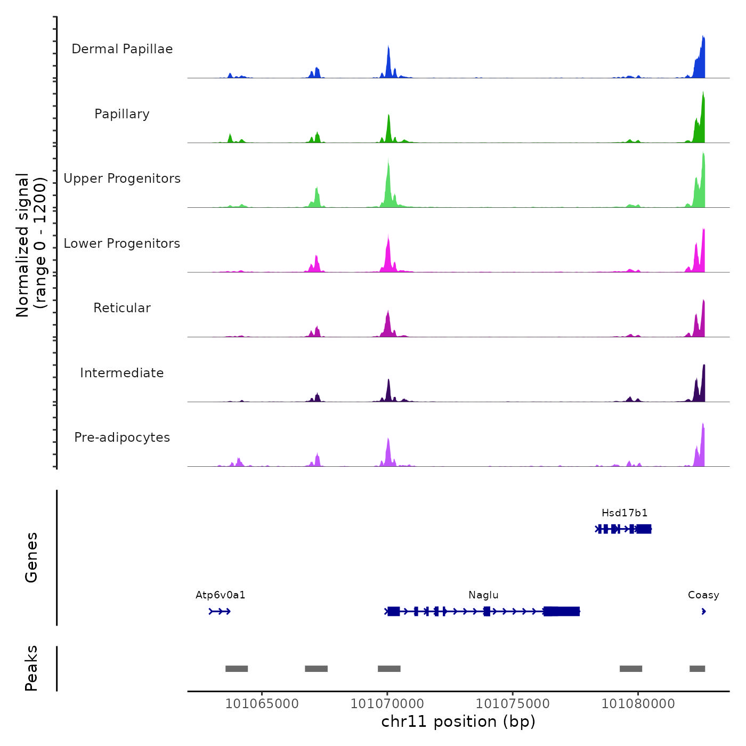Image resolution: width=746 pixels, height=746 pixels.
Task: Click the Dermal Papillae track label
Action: pos(122,49)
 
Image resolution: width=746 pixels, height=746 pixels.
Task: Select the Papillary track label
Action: pos(122,114)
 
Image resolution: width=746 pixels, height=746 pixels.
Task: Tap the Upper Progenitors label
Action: pos(122,179)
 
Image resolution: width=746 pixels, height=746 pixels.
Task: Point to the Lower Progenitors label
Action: pos(122,244)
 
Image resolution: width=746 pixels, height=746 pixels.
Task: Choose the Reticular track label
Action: pos(122,308)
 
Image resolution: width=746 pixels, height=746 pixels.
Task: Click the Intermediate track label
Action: pos(122,373)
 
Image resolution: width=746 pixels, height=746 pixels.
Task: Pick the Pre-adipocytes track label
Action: pos(122,437)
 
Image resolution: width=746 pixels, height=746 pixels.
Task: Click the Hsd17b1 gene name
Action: pos(625,513)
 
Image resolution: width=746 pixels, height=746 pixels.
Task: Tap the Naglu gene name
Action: pos(483,595)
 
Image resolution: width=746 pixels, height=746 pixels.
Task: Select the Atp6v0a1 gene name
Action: pos(221,595)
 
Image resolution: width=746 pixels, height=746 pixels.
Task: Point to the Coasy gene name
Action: pos(703,595)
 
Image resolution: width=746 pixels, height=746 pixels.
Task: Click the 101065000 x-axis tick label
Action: pos(262,704)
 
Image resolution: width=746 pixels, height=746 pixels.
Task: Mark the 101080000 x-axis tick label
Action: pos(638,704)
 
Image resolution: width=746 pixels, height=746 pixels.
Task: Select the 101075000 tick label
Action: pos(513,704)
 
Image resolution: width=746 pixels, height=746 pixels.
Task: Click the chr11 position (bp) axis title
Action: pos(458,721)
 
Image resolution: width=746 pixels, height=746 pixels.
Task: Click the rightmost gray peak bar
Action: pos(697,669)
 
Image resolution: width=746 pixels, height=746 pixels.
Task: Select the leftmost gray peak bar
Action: pos(237,669)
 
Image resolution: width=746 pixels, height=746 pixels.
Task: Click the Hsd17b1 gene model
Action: pos(623,529)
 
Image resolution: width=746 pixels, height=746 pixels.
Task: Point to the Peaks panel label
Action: pos(31,668)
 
